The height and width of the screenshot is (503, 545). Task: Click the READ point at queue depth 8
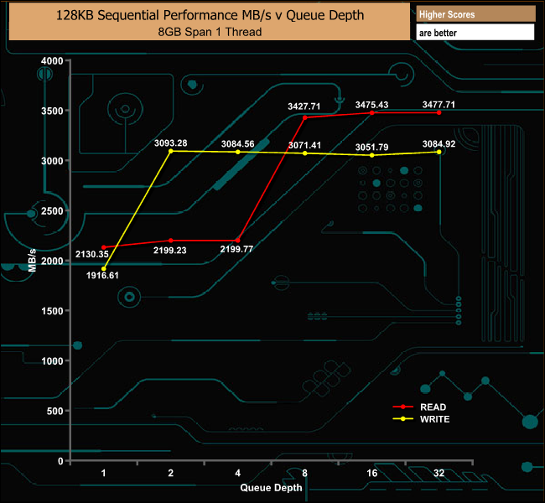pos(305,117)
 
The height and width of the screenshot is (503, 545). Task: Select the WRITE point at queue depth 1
pos(104,269)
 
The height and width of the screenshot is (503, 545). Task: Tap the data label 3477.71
pos(439,105)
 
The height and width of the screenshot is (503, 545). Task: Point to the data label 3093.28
pos(171,143)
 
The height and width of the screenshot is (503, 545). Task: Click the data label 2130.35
pos(92,254)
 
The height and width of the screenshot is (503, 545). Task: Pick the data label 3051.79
pos(371,147)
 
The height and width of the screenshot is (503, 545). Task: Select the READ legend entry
pos(420,407)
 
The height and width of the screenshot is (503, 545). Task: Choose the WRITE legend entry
pos(421,419)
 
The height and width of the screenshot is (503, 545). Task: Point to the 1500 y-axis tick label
pos(52,311)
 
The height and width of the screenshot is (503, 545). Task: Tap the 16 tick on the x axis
pos(372,473)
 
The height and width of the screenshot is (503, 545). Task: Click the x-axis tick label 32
pos(439,473)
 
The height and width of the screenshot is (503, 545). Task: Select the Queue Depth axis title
pos(271,488)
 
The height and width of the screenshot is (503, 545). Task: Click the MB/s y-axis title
pos(32,261)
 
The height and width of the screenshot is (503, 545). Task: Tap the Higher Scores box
pos(475,14)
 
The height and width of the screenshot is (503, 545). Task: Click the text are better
pos(438,33)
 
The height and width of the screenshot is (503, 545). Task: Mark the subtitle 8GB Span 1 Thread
pos(210,32)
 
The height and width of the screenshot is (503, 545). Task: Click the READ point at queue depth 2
pos(171,241)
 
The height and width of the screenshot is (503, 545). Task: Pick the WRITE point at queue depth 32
pos(439,152)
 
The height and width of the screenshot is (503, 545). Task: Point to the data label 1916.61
pos(102,275)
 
